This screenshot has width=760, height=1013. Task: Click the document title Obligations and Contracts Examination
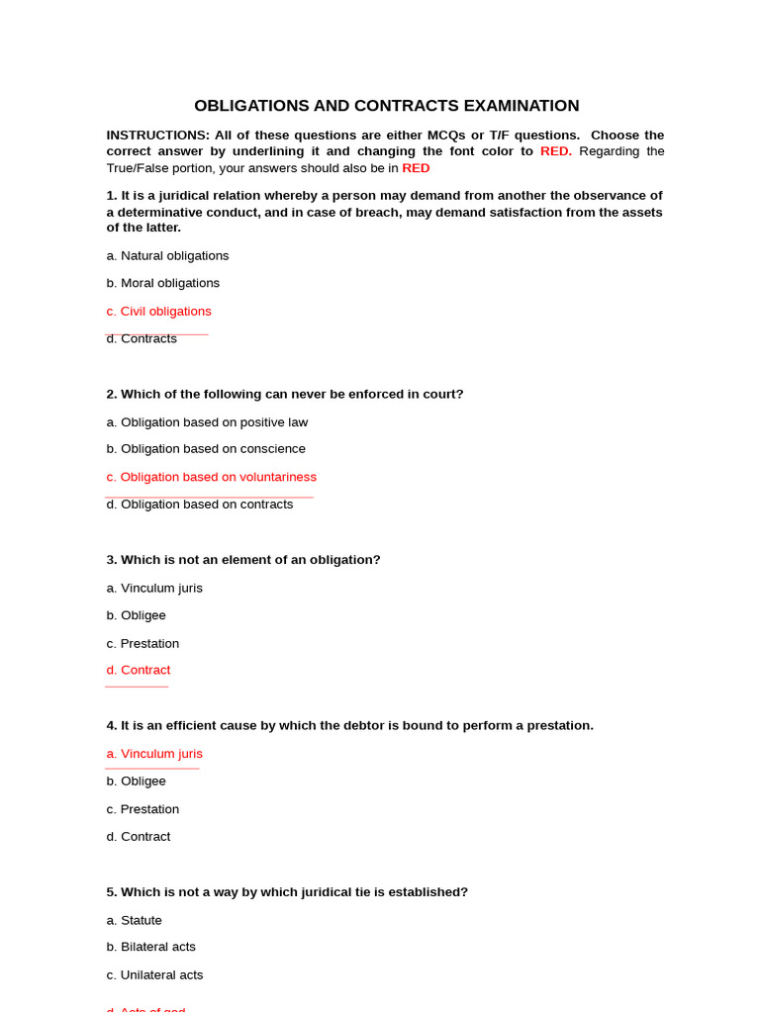coord(386,106)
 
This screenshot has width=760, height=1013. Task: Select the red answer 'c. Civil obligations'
coord(159,312)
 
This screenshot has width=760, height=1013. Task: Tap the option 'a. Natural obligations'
coord(167,256)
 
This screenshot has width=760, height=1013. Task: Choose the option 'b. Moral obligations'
coord(163,283)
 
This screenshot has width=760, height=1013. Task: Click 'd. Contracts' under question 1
coord(142,339)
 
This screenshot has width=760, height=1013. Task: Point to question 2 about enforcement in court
coord(285,395)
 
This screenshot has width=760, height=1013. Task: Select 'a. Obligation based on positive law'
coord(207,422)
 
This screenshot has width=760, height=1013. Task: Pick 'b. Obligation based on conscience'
coord(206,449)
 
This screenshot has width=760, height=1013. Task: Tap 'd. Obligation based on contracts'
coord(200,505)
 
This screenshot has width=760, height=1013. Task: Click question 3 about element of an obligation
coord(243,560)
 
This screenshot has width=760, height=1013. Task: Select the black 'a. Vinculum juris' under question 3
coord(154,589)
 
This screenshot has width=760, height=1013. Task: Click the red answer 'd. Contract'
coord(139,671)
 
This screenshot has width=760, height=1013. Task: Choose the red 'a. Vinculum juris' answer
coord(154,754)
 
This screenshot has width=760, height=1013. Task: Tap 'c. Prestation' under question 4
coord(142,809)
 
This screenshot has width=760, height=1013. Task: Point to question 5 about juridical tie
coord(287,892)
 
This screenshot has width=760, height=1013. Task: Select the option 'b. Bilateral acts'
coord(151,947)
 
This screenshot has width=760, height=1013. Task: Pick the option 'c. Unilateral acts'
coord(154,975)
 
